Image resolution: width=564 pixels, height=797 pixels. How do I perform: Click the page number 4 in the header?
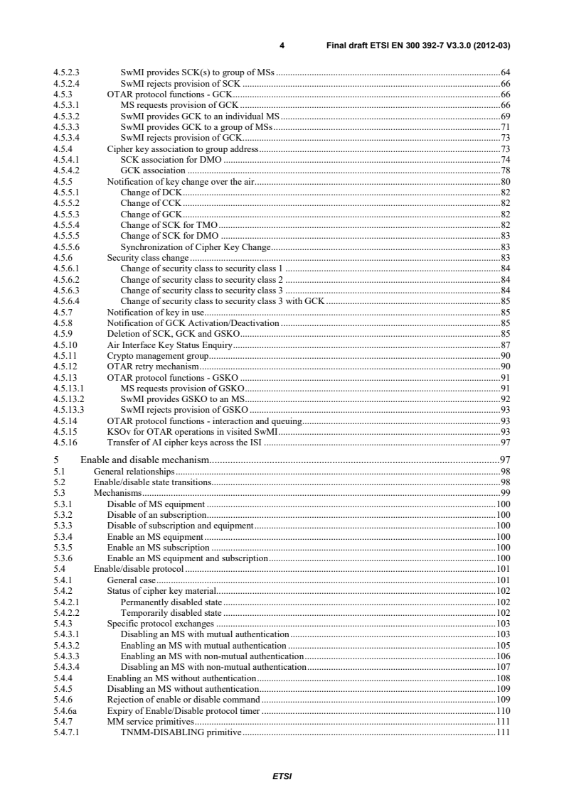point(282,45)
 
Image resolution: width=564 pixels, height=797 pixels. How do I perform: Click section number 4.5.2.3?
point(68,72)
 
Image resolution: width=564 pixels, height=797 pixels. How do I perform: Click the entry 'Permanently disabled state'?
point(172,602)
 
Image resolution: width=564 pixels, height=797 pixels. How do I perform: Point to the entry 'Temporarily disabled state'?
point(171,612)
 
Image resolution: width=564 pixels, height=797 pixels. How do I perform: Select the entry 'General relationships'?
point(134,472)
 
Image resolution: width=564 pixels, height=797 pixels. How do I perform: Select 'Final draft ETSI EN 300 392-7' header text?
point(419,45)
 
